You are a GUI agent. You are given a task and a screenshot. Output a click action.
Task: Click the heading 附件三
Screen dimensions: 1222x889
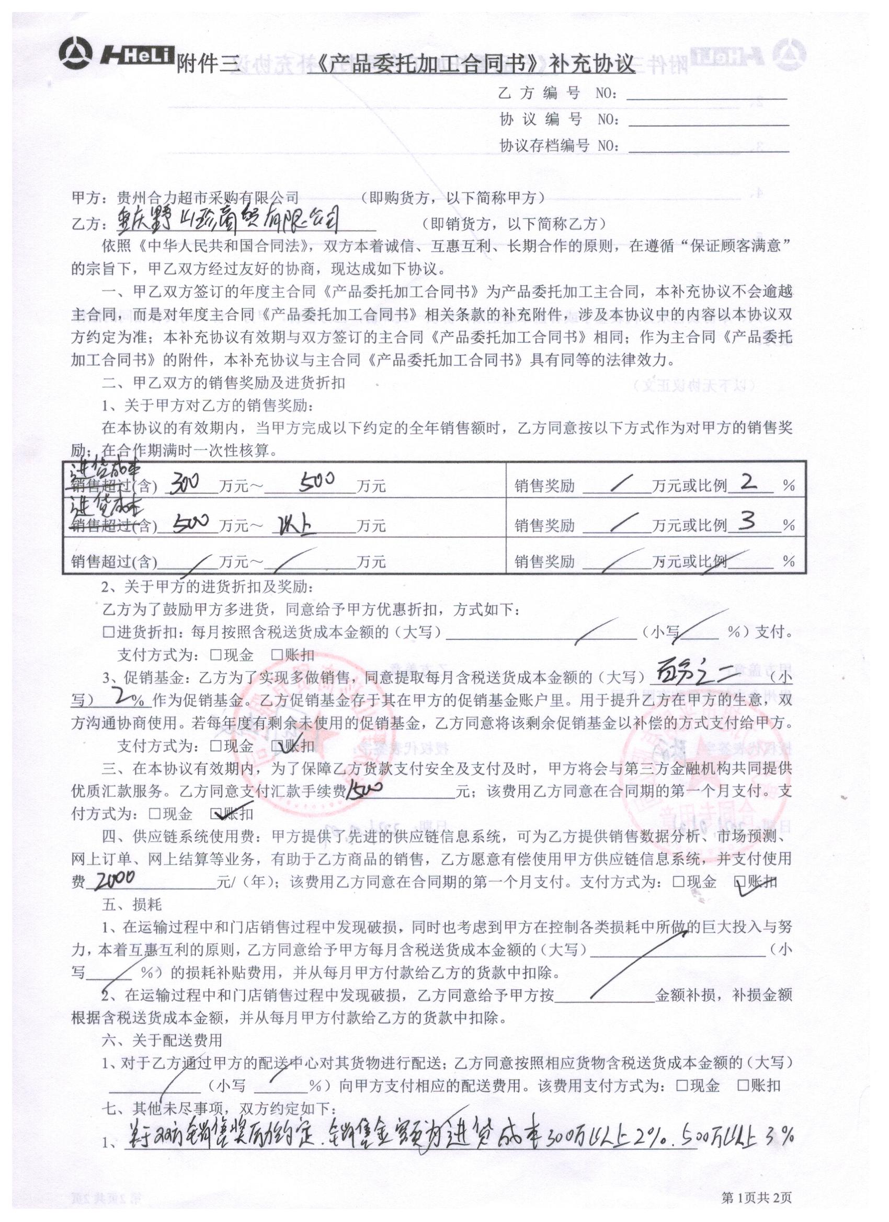click(x=207, y=65)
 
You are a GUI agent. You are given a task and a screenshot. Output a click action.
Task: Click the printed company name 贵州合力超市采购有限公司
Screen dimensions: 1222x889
click(x=208, y=198)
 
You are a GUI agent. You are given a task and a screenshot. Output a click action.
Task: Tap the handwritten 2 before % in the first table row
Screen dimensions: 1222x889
click(x=749, y=481)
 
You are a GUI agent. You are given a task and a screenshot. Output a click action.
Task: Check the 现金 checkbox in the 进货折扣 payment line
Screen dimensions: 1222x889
click(x=216, y=654)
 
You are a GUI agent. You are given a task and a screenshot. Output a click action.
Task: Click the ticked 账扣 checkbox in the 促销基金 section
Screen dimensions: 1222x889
click(x=276, y=746)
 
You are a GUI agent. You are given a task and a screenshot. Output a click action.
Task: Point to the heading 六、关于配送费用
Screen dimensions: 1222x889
click(x=162, y=1040)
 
